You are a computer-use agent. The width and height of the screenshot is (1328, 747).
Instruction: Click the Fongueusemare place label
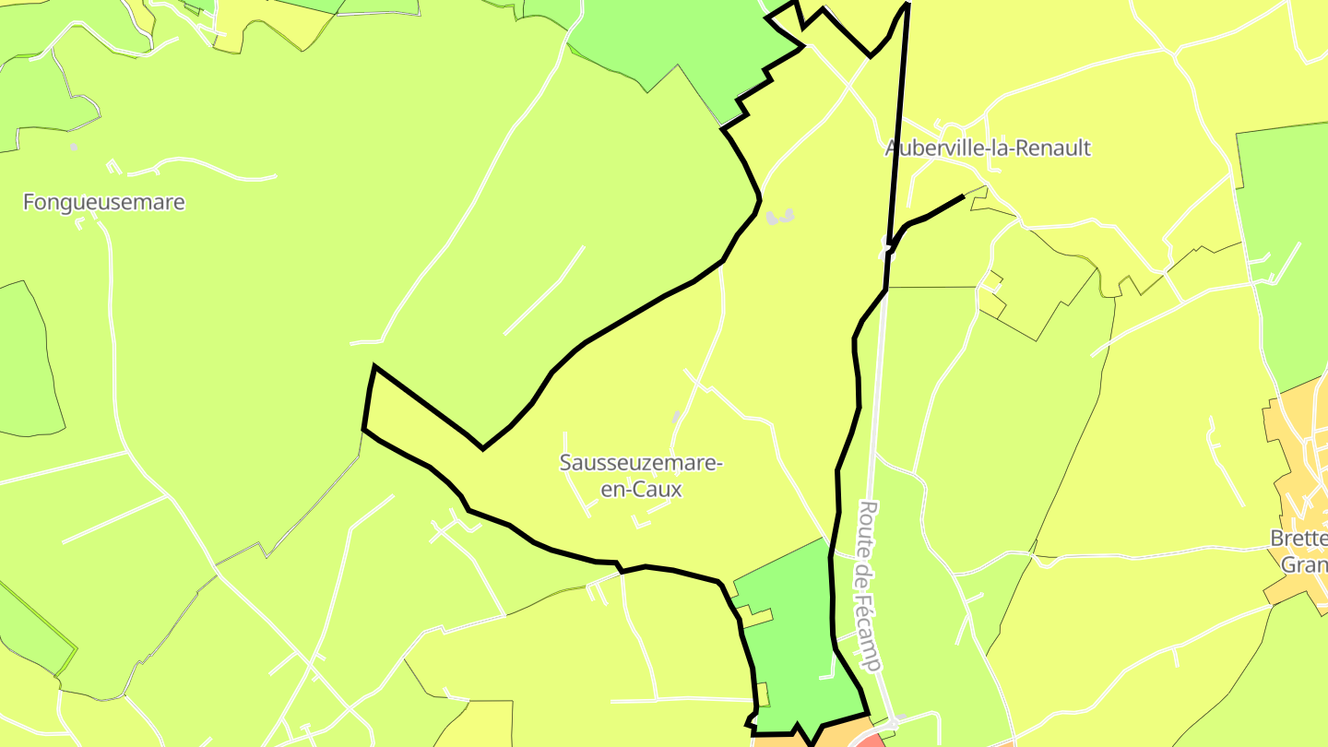pos(104,202)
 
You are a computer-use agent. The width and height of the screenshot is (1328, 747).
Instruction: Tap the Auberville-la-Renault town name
pos(988,148)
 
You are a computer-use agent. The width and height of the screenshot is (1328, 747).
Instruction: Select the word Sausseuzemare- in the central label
pos(641,463)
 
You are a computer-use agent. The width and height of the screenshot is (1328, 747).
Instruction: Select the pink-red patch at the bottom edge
pos(871,740)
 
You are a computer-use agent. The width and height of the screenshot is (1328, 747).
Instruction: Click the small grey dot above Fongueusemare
pos(74,147)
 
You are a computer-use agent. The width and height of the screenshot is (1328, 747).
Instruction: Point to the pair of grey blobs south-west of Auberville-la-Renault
pos(780,218)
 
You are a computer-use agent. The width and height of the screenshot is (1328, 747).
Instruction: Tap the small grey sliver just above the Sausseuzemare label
pos(677,418)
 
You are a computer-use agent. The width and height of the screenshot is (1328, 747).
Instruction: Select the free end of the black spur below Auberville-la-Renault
pos(963,196)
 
